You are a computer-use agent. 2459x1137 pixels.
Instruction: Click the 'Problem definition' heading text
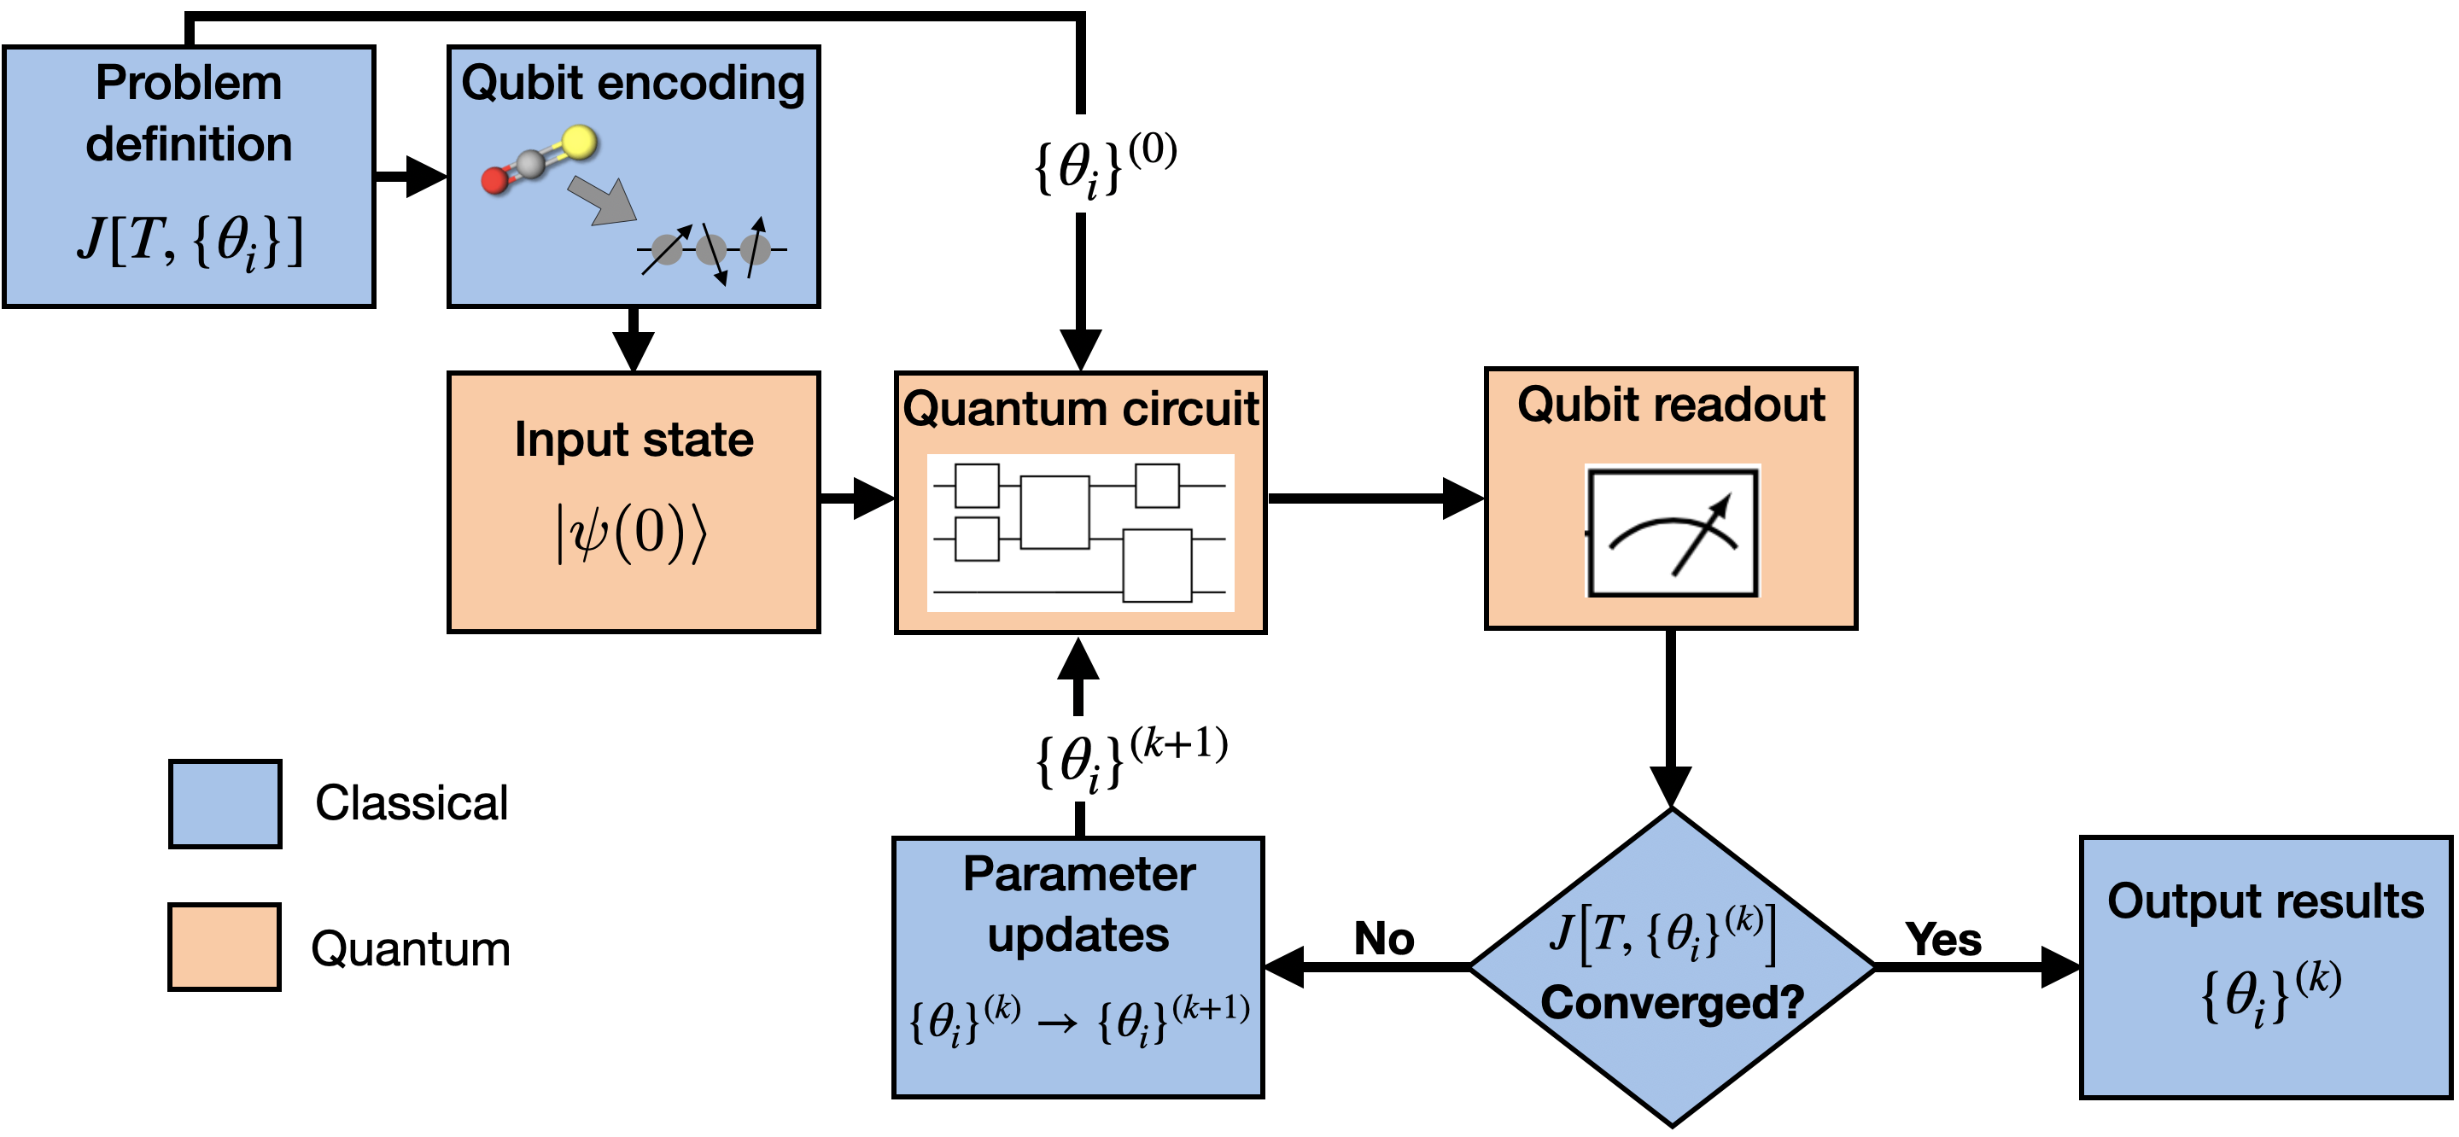[x=189, y=113]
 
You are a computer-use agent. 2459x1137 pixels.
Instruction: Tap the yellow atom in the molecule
[x=580, y=143]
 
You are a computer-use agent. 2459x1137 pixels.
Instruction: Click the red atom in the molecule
[x=494, y=179]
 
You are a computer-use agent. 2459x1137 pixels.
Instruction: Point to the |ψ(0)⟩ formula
[x=633, y=533]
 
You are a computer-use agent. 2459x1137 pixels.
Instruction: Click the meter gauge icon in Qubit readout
[x=1672, y=532]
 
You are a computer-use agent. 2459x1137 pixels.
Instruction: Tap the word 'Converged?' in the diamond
[x=1672, y=1002]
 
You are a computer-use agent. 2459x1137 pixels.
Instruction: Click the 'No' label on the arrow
[x=1383, y=938]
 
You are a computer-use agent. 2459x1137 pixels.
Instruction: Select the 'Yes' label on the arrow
[x=1942, y=939]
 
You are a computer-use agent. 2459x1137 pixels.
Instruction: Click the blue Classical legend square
[x=225, y=804]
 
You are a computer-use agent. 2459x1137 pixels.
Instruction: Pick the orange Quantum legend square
[x=225, y=947]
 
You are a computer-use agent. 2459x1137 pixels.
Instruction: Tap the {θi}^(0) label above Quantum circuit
[x=1106, y=164]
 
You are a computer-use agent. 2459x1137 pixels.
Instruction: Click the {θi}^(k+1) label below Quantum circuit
[x=1130, y=758]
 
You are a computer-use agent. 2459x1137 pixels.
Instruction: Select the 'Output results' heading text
[x=2264, y=901]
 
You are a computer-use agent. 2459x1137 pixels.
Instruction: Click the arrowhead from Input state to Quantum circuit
[x=873, y=499]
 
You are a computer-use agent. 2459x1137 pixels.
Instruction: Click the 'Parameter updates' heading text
[x=1078, y=903]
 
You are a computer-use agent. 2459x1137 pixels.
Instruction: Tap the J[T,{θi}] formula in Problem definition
[x=189, y=241]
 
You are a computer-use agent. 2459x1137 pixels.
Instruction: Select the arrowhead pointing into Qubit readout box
[x=1462, y=499]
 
